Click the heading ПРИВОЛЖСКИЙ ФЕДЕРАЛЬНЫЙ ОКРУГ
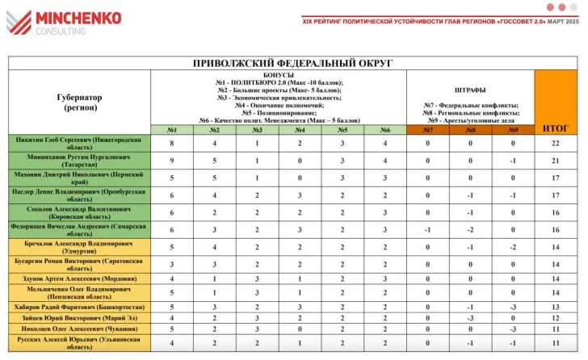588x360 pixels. pos(292,62)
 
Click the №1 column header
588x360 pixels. pos(171,129)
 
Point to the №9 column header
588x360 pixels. pos(513,129)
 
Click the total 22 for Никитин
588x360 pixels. pos(556,143)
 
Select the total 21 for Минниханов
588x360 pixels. pos(556,161)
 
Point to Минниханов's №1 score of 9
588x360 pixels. pos(171,161)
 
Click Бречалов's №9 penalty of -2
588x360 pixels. pos(513,248)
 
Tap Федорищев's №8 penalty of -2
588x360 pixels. pos(471,230)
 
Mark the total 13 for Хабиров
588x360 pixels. pos(556,307)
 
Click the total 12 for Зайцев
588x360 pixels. pos(556,318)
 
